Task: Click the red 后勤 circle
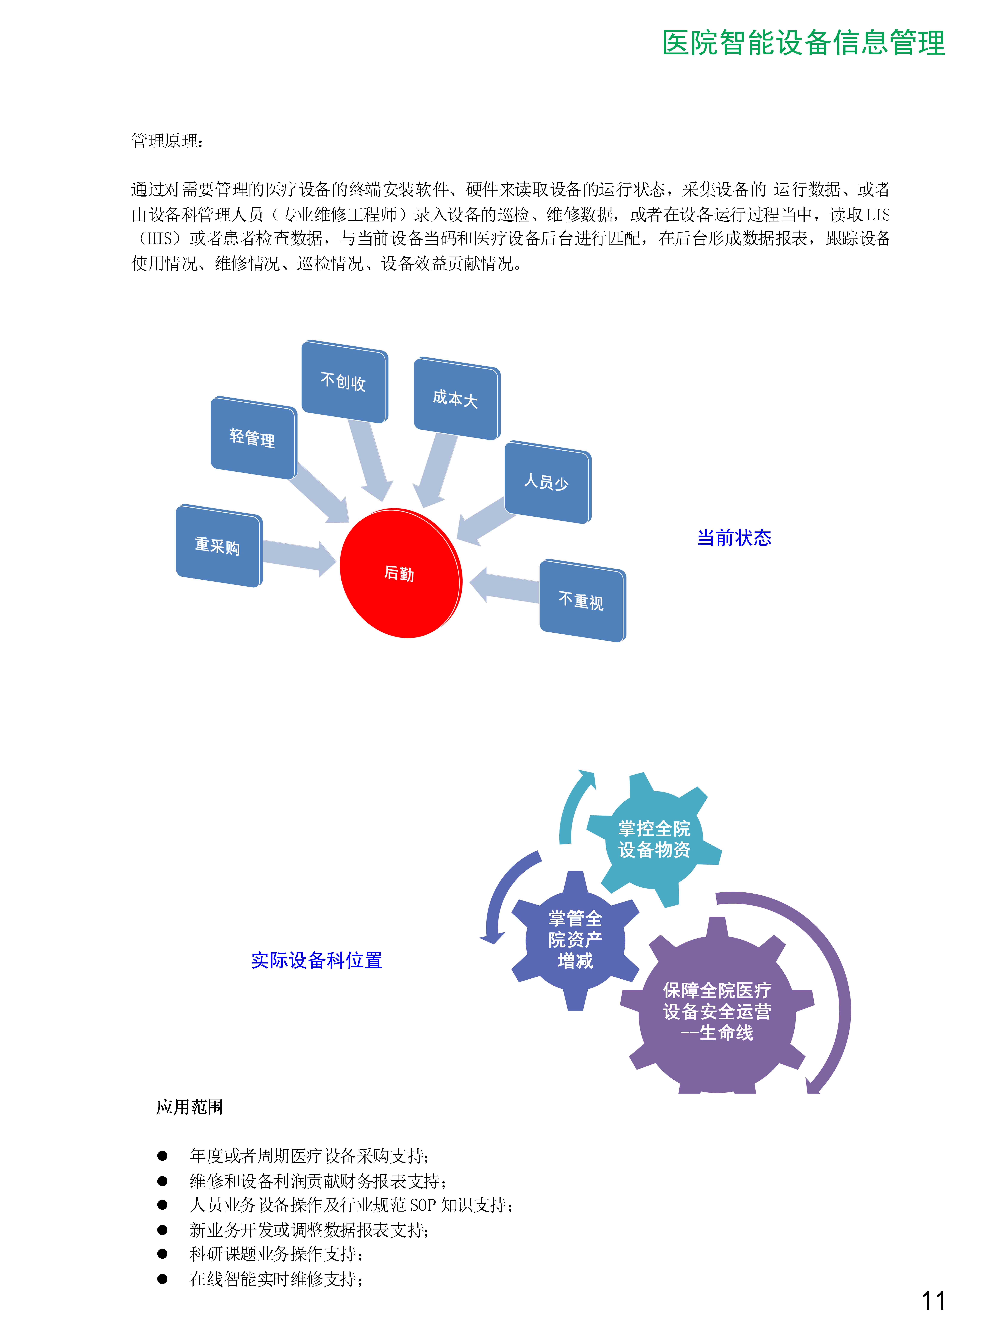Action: click(401, 573)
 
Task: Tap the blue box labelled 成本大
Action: click(457, 398)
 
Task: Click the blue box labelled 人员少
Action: click(547, 482)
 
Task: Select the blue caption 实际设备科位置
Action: click(317, 960)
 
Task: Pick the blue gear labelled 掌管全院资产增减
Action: click(575, 940)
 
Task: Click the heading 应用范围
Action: click(190, 1107)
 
